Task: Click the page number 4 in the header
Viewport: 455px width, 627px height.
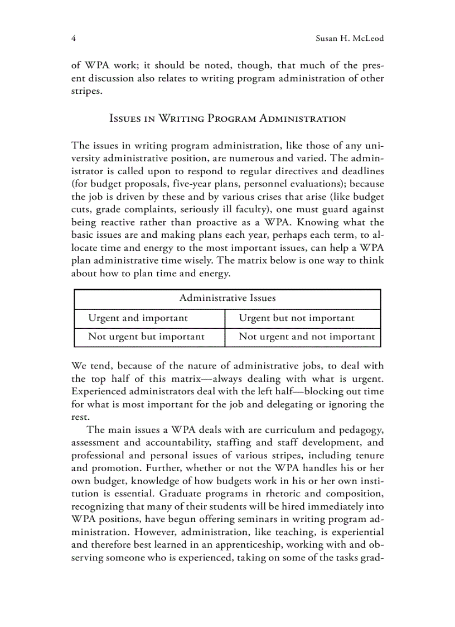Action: pyautogui.click(x=74, y=39)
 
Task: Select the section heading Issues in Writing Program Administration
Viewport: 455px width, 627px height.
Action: pyautogui.click(x=227, y=118)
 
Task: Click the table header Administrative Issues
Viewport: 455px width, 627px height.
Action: pyautogui.click(x=227, y=298)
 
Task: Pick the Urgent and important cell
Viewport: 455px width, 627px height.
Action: pyautogui.click(x=138, y=318)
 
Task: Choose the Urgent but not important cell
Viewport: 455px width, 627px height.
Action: pyautogui.click(x=297, y=318)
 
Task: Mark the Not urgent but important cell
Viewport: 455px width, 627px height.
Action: pyautogui.click(x=147, y=337)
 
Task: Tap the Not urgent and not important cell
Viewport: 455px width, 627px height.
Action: pyautogui.click(x=307, y=337)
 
